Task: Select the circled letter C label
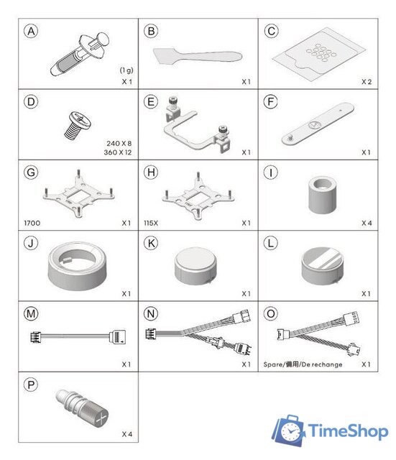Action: (x=271, y=31)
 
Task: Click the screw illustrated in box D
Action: (x=78, y=125)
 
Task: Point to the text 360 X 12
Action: (x=118, y=152)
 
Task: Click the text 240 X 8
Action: (x=119, y=144)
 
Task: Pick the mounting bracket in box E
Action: (x=197, y=124)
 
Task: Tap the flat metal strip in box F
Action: (x=318, y=124)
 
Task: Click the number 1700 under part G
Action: (x=32, y=223)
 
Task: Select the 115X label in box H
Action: (x=151, y=223)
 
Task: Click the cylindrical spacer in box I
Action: (x=322, y=195)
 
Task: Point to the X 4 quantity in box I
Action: (x=367, y=223)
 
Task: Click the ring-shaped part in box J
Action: (x=78, y=265)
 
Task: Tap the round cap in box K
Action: (x=195, y=266)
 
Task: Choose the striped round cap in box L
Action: (x=322, y=266)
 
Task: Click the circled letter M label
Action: (x=31, y=313)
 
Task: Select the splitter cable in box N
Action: (x=198, y=332)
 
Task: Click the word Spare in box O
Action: (x=272, y=364)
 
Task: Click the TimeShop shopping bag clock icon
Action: (x=289, y=431)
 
